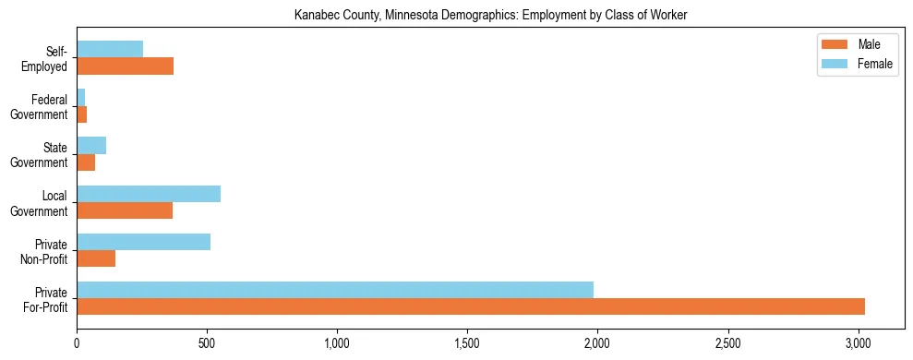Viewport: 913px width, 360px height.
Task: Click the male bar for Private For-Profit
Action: tap(471, 306)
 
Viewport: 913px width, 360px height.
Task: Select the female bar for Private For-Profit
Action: tap(335, 290)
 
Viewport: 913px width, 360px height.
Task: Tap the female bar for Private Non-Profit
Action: tap(143, 242)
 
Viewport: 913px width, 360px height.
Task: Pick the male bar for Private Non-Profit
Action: tap(96, 258)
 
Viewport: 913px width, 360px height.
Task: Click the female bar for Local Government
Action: tap(149, 194)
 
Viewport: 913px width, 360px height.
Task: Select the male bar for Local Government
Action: tap(125, 210)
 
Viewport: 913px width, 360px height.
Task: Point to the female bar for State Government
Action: tap(91, 145)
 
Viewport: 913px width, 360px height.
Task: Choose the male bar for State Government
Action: tap(86, 162)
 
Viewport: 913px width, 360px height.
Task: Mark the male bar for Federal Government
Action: tap(81, 114)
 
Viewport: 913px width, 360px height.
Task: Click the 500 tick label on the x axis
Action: tap(207, 344)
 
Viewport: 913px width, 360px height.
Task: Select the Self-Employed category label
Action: tap(47, 58)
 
